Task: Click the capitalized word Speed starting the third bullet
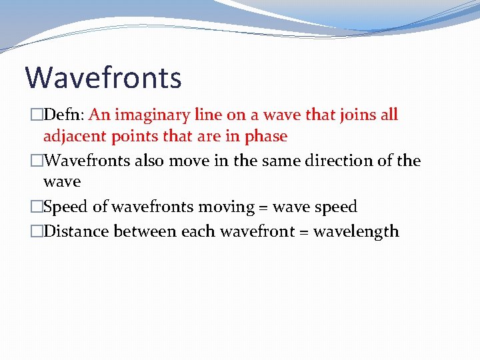[65, 207]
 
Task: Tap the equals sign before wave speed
[266, 207]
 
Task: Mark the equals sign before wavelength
[303, 232]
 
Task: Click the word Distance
[76, 231]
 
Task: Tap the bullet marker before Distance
[37, 232]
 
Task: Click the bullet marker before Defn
[37, 115]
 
